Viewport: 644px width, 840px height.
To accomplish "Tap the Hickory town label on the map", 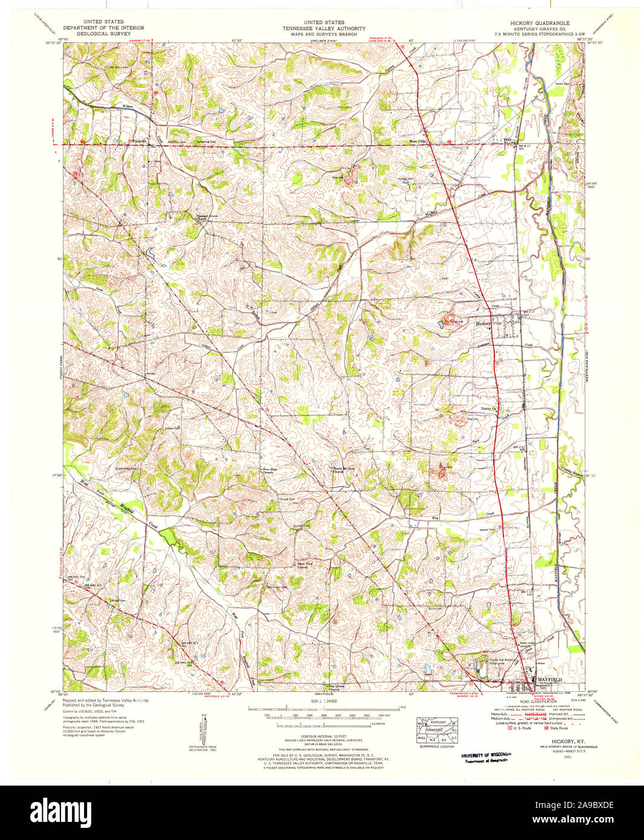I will click(x=483, y=324).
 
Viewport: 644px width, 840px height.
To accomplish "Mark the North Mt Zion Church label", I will click(x=340, y=470).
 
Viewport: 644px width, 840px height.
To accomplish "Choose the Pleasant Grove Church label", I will click(x=201, y=216).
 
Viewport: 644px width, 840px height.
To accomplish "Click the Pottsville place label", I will click(x=141, y=141).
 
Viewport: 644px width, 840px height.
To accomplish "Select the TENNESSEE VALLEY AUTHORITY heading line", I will click(x=324, y=28).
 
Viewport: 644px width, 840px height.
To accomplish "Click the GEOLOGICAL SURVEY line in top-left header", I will click(x=103, y=34).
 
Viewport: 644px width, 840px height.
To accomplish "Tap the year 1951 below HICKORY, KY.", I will click(x=567, y=756).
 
